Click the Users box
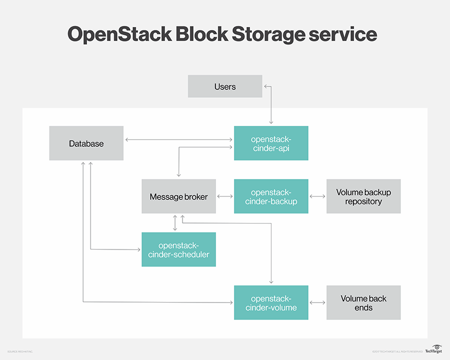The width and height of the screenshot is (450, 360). (x=224, y=86)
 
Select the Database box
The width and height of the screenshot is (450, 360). (x=86, y=143)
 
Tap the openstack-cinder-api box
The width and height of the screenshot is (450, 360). (x=271, y=143)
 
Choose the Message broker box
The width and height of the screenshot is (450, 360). (x=178, y=196)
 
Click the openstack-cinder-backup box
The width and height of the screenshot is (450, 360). (x=271, y=196)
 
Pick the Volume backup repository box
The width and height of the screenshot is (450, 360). (x=363, y=196)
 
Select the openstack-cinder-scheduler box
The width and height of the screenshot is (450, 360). (x=178, y=249)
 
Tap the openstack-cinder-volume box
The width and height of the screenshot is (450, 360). (x=271, y=302)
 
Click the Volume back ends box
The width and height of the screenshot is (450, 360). (x=363, y=302)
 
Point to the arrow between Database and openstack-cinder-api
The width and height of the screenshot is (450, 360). (x=178, y=139)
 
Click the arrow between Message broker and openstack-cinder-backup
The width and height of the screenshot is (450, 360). (x=225, y=196)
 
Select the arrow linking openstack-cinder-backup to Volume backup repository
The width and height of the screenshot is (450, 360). (x=317, y=196)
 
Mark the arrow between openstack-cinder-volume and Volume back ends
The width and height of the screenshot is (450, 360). (x=317, y=302)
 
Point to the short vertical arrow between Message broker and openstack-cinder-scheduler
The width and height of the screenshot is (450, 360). (x=175, y=223)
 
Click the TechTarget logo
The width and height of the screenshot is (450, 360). (x=433, y=349)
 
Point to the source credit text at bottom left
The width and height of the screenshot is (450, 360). (x=20, y=352)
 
